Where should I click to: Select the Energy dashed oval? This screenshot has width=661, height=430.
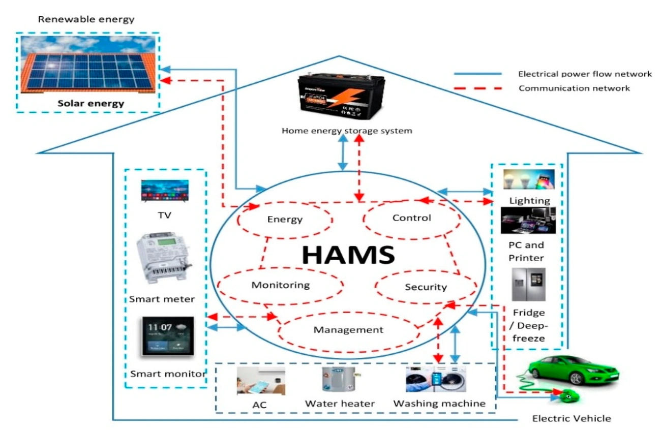[285, 220]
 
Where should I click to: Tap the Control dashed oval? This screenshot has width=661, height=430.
[411, 218]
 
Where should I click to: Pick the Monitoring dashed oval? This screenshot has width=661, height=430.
[280, 285]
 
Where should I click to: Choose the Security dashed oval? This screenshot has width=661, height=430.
[426, 287]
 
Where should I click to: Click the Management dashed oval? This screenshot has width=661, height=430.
[348, 330]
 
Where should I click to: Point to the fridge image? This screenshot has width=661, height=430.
[528, 285]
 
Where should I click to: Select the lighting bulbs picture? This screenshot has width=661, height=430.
[529, 180]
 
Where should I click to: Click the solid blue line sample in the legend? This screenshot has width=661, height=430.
[477, 74]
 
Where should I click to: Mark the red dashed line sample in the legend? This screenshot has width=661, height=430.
[477, 88]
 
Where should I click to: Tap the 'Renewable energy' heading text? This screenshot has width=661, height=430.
[86, 20]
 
